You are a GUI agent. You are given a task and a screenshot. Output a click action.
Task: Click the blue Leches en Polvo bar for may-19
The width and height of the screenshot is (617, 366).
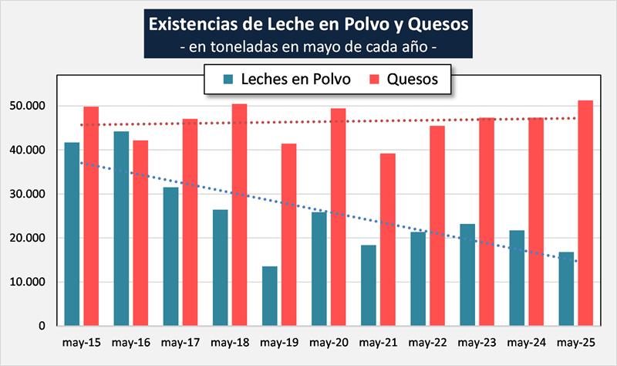(x=270, y=296)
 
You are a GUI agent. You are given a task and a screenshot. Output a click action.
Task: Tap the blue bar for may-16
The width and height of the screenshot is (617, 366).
(x=122, y=229)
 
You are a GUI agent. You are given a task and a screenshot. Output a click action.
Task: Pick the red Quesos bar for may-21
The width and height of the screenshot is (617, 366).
(x=387, y=239)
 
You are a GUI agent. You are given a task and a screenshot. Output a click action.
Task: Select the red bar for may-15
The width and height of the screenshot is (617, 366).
(x=91, y=216)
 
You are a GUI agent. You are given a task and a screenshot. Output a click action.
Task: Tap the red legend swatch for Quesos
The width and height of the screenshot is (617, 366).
(x=373, y=80)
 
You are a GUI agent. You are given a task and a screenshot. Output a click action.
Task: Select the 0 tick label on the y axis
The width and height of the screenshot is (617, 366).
(x=42, y=326)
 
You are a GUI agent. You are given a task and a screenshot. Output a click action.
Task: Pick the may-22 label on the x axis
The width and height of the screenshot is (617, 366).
(x=427, y=341)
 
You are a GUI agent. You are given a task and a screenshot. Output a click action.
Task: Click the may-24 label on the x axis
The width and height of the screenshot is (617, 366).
(x=525, y=341)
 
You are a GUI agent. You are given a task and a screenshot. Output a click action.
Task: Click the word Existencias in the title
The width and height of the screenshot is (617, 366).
(x=197, y=24)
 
